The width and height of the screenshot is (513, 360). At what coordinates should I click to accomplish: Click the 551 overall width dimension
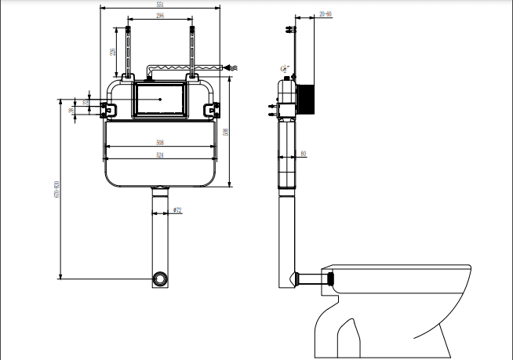(160, 4)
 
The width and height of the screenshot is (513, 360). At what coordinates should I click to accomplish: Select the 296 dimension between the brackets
(160, 15)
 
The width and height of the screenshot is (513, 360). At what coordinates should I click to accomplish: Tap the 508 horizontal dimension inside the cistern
(159, 142)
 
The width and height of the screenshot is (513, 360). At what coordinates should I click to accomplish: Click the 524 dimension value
(159, 155)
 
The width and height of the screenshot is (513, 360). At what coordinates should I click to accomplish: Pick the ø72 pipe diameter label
(177, 210)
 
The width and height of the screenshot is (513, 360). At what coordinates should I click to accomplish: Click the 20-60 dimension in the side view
(326, 14)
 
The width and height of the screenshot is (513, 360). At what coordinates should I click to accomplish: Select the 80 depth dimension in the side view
(304, 154)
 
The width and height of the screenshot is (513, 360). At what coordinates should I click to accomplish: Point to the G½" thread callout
(284, 68)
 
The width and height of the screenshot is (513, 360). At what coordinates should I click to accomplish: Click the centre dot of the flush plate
(160, 100)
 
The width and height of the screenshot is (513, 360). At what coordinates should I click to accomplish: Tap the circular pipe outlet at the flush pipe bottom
(160, 278)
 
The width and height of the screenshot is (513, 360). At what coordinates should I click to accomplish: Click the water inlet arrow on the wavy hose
(229, 69)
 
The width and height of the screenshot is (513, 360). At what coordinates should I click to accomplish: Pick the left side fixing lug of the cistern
(104, 109)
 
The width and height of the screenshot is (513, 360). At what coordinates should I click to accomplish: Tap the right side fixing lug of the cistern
(213, 109)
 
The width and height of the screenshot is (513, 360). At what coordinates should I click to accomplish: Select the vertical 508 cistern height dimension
(224, 132)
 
